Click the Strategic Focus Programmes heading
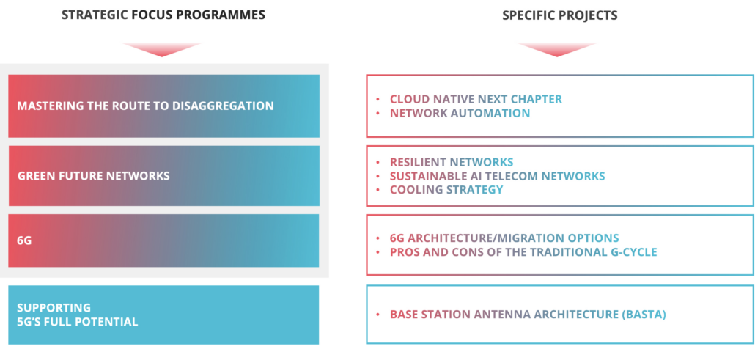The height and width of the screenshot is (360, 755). coord(163,15)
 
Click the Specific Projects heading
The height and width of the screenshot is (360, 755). coord(559,15)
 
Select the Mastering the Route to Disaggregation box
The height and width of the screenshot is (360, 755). coord(163,106)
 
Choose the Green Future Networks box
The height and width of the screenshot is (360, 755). coord(163,176)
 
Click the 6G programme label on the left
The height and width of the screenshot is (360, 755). coord(24,240)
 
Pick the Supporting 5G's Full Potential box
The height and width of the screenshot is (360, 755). coord(163,315)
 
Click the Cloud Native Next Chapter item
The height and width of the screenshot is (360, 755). coord(476,99)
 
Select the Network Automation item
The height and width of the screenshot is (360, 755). coord(460,113)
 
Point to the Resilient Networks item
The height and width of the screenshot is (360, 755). coord(451,162)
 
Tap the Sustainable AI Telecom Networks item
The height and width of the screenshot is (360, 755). coord(497,176)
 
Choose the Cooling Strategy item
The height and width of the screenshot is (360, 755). coord(446,190)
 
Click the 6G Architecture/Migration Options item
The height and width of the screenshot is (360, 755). coord(504,238)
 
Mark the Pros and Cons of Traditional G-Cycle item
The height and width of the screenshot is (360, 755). coord(523,252)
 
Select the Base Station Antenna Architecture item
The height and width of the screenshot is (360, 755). coord(527,315)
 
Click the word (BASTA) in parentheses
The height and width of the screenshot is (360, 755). coord(643,315)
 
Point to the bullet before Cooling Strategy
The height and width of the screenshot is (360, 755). coord(377,190)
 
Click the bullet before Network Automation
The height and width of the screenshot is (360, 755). coord(377,113)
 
